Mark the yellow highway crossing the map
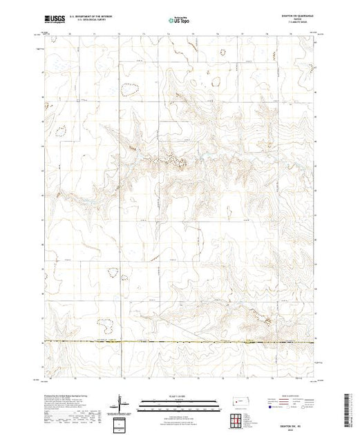pyautogui.click(x=180, y=342)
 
